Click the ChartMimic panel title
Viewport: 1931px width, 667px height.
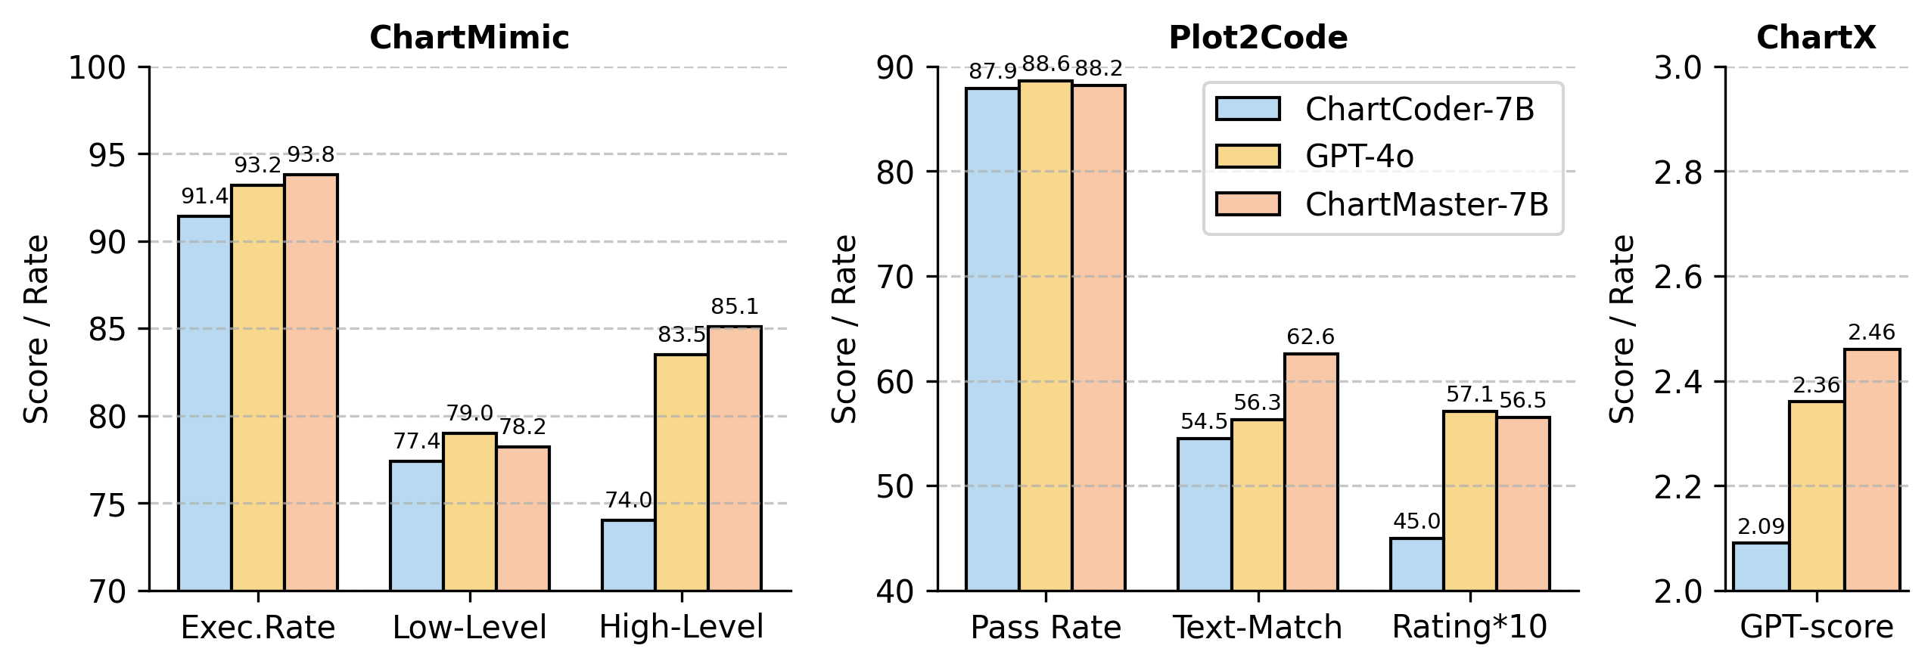[x=469, y=38]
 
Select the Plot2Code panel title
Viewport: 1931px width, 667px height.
[x=1258, y=38]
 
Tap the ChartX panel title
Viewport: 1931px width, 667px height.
[x=1816, y=38]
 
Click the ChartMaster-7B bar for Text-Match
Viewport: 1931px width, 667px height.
[x=1311, y=472]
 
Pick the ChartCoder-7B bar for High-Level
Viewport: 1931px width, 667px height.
[x=628, y=555]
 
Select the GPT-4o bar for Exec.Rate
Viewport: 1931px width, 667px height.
[x=258, y=387]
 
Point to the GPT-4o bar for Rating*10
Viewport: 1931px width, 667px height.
[x=1469, y=501]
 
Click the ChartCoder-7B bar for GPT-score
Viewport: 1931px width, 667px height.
[x=1761, y=566]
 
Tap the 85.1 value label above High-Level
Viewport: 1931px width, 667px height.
[x=734, y=307]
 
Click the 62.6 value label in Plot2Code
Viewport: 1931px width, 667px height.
[x=1311, y=337]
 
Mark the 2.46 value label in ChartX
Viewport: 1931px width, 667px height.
[x=1871, y=333]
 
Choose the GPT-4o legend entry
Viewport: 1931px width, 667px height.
[x=1359, y=157]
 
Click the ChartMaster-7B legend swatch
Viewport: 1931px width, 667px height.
[x=1248, y=204]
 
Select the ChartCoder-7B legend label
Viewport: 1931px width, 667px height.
[x=1419, y=110]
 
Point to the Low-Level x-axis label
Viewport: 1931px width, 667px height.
[x=469, y=628]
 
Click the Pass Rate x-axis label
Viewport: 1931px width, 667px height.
[x=1046, y=628]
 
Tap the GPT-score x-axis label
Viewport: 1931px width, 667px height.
[x=1816, y=628]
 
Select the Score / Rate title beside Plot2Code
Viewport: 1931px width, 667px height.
[x=844, y=329]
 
